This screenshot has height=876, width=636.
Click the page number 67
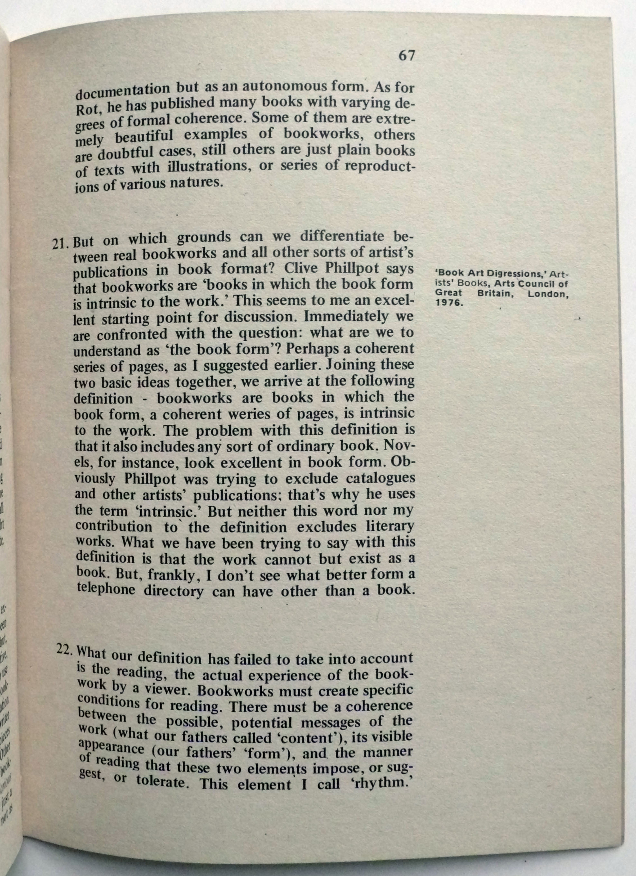coord(406,56)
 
